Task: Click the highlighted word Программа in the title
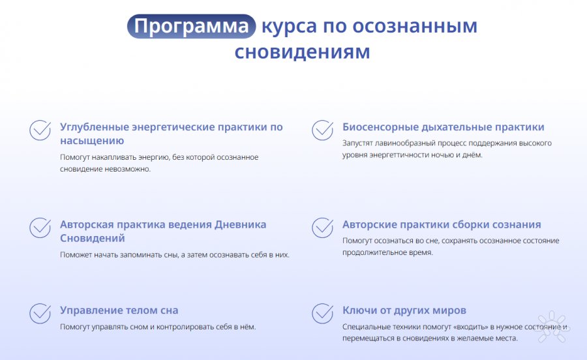191,26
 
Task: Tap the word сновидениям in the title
302,52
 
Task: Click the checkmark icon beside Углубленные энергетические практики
40,130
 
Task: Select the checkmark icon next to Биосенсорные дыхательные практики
322,130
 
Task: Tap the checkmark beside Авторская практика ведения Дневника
40,228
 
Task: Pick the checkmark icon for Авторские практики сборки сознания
322,228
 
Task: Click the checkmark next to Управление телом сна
40,313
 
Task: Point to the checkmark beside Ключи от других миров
322,313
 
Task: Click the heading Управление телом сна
119,310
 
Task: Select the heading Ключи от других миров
404,310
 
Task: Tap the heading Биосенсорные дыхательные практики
444,127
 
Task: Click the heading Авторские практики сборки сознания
442,224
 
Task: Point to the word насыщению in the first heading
92,141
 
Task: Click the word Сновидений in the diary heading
93,238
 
